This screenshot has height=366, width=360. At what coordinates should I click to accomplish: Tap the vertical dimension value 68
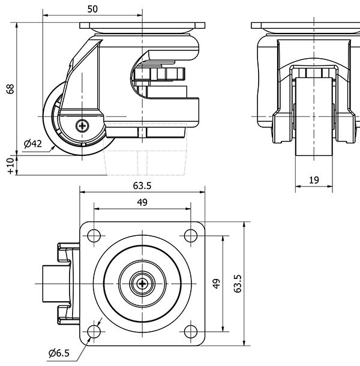(x=10, y=89)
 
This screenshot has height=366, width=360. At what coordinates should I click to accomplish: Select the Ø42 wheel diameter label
(x=32, y=144)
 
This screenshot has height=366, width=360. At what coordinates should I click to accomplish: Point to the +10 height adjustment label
(x=10, y=166)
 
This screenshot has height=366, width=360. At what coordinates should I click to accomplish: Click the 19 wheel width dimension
(x=314, y=180)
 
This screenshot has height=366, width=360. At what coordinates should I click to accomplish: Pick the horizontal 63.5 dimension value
(x=142, y=185)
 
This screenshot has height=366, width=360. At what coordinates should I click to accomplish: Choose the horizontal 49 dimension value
(x=142, y=202)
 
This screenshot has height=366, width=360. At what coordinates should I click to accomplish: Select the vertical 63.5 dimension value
(x=238, y=283)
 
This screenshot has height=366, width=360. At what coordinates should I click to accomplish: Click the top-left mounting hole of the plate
(x=94, y=235)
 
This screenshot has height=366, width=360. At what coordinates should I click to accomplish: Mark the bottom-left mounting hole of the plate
(x=94, y=332)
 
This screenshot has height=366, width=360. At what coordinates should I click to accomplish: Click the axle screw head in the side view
(x=82, y=125)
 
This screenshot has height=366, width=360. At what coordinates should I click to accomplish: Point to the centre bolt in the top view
(x=142, y=283)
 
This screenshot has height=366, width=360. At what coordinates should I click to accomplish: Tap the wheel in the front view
(x=314, y=120)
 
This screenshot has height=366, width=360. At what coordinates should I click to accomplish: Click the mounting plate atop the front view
(x=305, y=26)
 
